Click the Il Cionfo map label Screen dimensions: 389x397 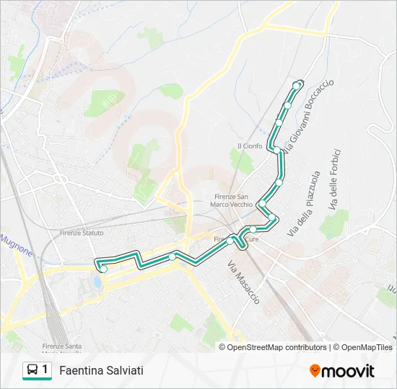tap(250, 146)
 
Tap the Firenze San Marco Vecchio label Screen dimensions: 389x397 tap(232, 200)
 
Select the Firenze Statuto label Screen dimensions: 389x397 tap(82, 233)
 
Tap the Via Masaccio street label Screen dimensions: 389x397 tap(244, 282)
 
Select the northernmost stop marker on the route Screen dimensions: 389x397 tap(296, 86)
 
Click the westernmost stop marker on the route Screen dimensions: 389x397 tap(103, 269)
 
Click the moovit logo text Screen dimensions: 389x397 tap(348, 371)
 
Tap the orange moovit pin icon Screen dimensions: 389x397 tap(314, 371)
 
